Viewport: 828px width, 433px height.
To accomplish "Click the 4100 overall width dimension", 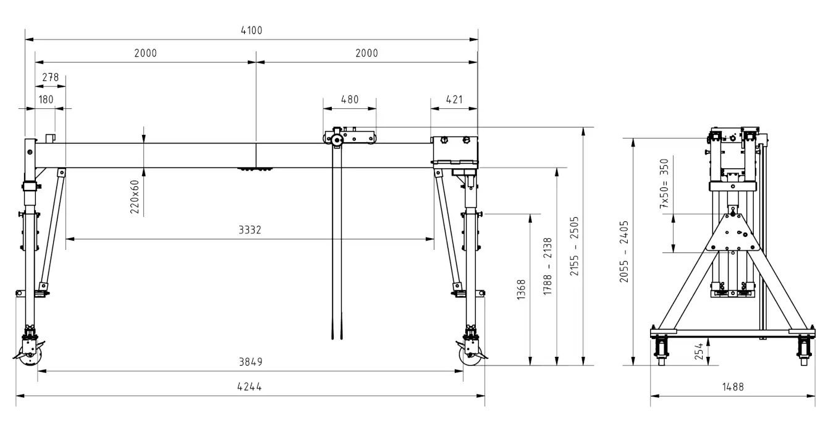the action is [251, 30].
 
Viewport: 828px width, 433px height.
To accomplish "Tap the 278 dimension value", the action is [50, 77].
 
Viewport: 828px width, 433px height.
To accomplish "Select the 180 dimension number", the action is [46, 100].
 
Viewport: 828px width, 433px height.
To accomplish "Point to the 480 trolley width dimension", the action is [350, 100].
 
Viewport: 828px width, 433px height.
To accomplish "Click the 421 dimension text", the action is [454, 100].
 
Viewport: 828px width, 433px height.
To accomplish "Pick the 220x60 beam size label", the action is [135, 197].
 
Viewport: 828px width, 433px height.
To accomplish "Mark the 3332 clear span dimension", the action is [250, 230].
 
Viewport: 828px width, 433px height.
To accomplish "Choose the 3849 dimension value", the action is [251, 362].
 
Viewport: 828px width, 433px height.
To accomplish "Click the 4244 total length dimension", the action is [250, 387].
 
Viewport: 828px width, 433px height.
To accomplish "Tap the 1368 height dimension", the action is [521, 289].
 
